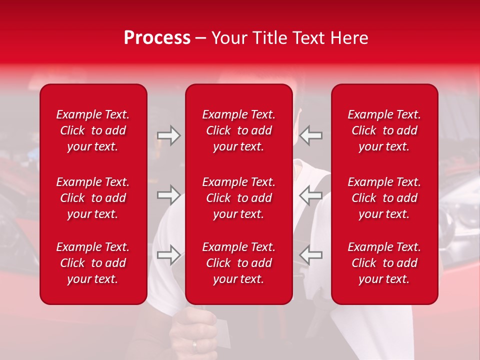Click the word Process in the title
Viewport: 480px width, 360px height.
(157, 38)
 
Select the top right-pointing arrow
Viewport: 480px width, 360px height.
(168, 135)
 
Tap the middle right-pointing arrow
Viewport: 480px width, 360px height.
(168, 195)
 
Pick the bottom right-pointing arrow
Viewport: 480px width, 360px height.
(168, 255)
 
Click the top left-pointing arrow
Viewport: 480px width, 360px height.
(311, 135)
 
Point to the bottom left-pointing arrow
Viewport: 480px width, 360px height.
(311, 255)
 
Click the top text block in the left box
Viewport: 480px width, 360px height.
(93, 130)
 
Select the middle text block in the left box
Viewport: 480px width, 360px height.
(93, 198)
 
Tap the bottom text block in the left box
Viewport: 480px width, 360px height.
(93, 263)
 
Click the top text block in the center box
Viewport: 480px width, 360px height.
(239, 130)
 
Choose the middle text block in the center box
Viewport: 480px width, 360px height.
(239, 198)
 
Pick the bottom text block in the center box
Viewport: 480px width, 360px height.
(239, 263)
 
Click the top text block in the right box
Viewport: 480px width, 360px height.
(384, 130)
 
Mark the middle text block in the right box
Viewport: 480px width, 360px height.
(384, 198)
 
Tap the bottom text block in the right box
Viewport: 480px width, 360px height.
(384, 263)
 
